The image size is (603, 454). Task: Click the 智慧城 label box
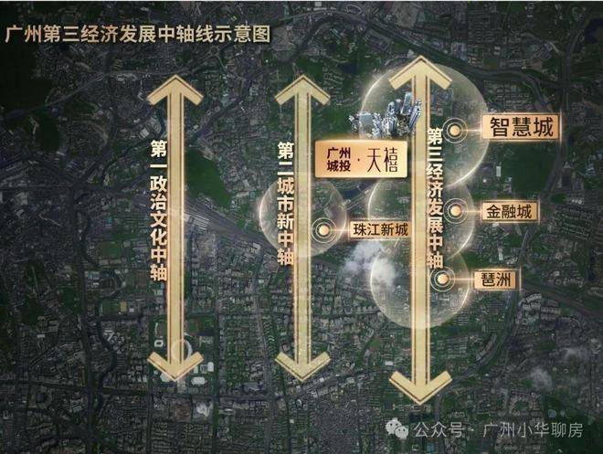tap(522, 126)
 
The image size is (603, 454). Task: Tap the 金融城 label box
tap(510, 211)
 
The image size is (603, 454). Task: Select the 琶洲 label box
tap(496, 280)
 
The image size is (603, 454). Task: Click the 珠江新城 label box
tap(380, 230)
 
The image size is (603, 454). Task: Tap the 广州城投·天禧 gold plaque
tap(361, 159)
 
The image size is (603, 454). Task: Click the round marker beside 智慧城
tap(455, 131)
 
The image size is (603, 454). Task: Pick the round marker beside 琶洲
tap(443, 279)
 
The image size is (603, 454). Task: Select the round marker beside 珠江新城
tap(323, 230)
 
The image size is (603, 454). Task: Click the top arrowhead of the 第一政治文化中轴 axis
tap(175, 90)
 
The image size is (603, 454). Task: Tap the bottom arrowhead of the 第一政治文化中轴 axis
tap(175, 364)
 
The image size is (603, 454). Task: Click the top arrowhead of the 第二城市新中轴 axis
tap(303, 90)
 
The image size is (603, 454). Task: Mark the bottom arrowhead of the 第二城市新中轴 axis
tap(303, 364)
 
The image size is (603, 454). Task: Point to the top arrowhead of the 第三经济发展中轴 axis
tap(420, 73)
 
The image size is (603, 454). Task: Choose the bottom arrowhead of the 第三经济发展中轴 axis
tap(420, 386)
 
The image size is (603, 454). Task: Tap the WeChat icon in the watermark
tap(397, 428)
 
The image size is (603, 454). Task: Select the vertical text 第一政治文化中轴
tap(158, 211)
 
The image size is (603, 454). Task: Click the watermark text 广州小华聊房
tap(533, 429)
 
